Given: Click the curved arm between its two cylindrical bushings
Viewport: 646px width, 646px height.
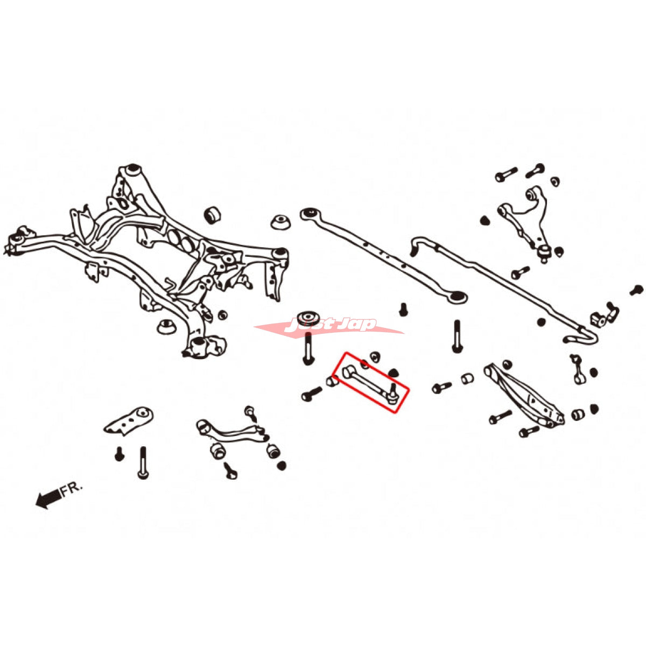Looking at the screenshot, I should [x=231, y=431].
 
